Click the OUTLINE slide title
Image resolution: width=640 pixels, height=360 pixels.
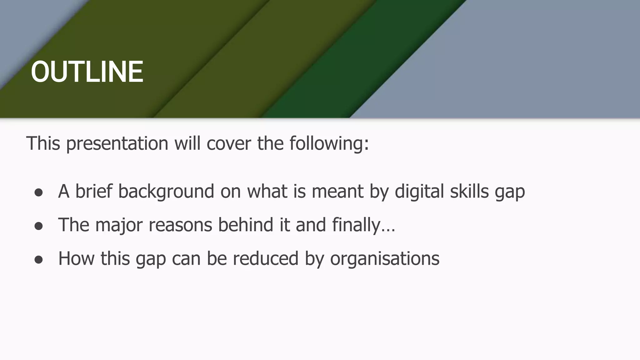(87, 72)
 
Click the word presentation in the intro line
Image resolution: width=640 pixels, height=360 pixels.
(117, 143)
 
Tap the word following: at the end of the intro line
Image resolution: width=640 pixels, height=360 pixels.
(329, 143)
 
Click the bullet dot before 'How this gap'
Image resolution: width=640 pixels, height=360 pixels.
(38, 260)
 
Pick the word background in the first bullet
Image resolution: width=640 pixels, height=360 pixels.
(166, 191)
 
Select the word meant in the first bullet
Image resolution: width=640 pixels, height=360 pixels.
(337, 191)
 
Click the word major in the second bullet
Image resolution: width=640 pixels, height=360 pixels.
(119, 225)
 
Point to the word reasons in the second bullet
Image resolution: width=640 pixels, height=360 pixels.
(180, 225)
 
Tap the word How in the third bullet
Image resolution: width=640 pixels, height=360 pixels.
(76, 259)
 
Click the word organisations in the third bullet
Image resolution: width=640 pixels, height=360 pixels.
(385, 259)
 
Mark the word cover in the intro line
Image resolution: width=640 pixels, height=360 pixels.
(229, 143)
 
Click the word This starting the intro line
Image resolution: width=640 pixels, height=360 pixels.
(43, 143)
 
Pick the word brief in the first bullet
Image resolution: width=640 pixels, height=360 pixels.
(93, 191)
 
